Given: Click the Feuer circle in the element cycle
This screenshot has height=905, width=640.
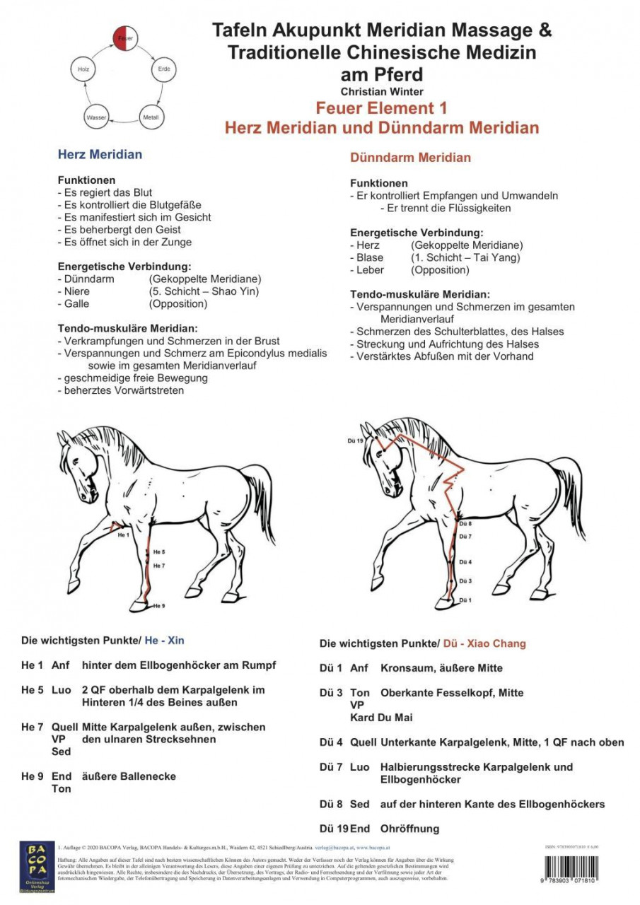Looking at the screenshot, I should point(125,38).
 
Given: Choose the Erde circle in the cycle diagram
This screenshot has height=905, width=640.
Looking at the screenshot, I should point(163,69).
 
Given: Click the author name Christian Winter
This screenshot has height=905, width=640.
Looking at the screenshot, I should point(382,91).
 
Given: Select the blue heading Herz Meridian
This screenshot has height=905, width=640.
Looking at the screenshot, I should point(100,154).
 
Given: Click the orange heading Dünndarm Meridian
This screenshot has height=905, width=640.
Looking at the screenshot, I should point(410,158).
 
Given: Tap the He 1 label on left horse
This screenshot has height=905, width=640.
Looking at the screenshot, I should point(123,535).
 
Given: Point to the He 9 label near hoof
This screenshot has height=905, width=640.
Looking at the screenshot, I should point(158,606).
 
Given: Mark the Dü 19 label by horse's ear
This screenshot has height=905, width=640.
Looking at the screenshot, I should point(355,440).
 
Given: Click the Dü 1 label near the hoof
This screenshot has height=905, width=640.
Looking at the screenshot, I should point(465,600).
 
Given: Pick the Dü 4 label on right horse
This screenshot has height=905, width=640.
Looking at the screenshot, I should point(465,562).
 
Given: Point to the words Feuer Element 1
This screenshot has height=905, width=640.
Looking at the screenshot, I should point(381,109).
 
